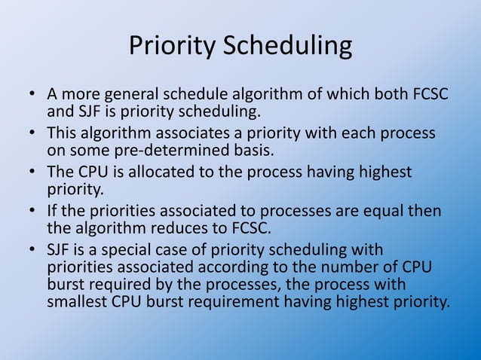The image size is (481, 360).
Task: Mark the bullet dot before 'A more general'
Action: point(33,96)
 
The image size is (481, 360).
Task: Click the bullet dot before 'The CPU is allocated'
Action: point(33,172)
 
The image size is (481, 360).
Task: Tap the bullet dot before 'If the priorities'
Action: point(33,210)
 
